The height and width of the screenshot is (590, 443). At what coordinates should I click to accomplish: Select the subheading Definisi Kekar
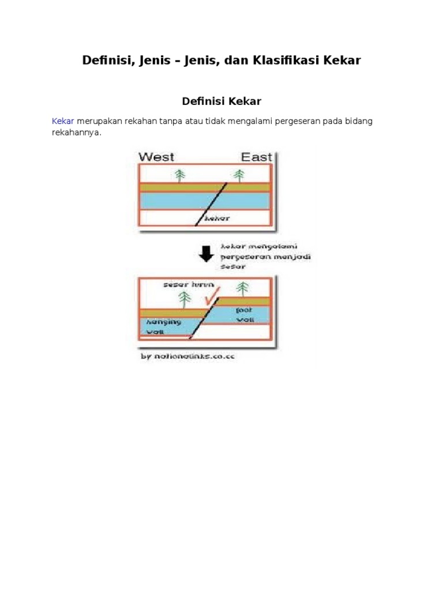coord(221,101)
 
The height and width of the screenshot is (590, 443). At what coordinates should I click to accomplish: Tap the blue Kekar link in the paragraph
coord(63,122)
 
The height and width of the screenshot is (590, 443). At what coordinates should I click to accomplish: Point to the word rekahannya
coord(76,133)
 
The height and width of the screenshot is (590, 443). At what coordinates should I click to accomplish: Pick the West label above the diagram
coord(156,157)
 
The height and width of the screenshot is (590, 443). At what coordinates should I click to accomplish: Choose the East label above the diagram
coord(256,157)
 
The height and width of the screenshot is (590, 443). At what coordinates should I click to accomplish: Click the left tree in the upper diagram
coord(180,175)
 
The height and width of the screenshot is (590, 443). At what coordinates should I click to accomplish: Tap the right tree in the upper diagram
coord(238,175)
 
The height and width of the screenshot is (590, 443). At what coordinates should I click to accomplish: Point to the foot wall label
coord(245,314)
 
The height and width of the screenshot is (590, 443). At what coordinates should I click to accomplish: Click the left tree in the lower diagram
coord(185,298)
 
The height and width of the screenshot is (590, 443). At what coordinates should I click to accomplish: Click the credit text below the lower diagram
coord(188,357)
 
